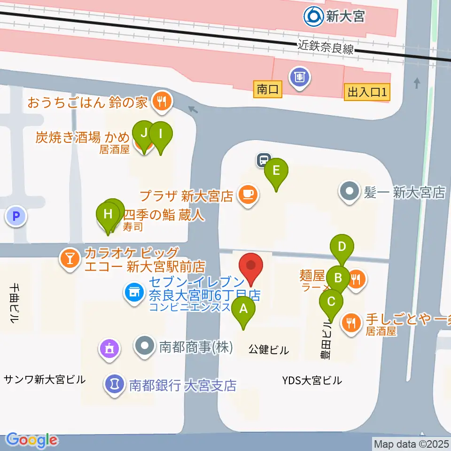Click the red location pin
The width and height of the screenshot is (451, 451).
(x=251, y=267)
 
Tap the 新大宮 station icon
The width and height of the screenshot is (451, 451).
(x=312, y=17)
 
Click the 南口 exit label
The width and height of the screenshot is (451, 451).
(x=268, y=89)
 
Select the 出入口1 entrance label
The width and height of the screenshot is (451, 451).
(x=367, y=92)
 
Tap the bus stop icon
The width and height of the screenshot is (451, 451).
(x=264, y=160)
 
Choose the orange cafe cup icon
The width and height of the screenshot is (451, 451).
(x=248, y=194)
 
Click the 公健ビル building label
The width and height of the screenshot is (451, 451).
(x=269, y=350)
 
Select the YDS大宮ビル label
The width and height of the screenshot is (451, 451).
(x=312, y=381)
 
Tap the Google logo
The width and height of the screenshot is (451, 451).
(x=31, y=440)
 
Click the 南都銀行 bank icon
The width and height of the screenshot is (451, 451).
(x=113, y=384)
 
